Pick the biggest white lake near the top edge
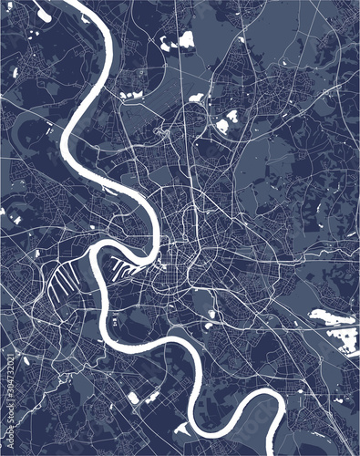(x=186, y=39)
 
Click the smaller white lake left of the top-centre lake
(x=168, y=42)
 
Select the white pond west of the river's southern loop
(x=134, y=398)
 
